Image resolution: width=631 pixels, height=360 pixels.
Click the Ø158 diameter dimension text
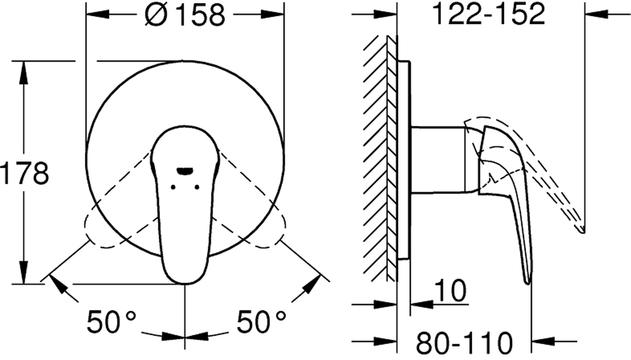185,16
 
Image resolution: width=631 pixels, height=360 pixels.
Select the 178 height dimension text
25,173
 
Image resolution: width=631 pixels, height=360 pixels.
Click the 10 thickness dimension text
451,290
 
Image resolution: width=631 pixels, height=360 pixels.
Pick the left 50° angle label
111,322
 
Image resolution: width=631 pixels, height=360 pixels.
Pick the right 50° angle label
261,322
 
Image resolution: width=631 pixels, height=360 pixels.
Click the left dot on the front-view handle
173,187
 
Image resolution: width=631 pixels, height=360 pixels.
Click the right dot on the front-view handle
197,187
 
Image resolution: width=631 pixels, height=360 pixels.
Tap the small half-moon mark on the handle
185,171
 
